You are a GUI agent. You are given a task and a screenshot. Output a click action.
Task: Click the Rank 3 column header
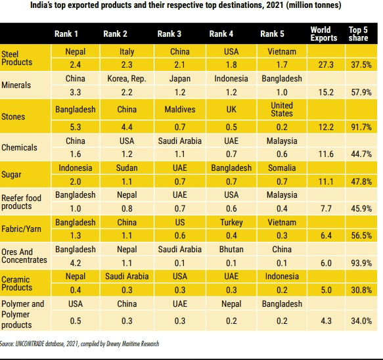click(170, 34)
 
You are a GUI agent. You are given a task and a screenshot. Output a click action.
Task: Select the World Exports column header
click(323, 34)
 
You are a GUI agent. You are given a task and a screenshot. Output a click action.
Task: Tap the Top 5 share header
click(358, 34)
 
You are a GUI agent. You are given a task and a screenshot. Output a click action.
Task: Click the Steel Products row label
click(17, 57)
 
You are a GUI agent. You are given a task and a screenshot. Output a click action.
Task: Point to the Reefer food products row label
click(22, 202)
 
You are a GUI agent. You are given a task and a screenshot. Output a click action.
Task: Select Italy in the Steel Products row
click(127, 51)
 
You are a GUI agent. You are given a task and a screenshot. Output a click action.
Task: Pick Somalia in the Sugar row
click(282, 168)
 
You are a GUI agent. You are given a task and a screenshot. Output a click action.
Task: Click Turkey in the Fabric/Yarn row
click(232, 223)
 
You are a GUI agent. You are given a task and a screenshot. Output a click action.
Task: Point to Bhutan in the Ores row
click(232, 250)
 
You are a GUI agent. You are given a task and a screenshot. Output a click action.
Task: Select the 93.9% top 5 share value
click(361, 263)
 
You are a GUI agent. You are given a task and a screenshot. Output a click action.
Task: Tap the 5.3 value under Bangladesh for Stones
click(75, 127)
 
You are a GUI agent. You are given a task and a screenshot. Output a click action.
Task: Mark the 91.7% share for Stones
click(361, 127)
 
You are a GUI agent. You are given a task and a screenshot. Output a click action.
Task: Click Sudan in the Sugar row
click(127, 168)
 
